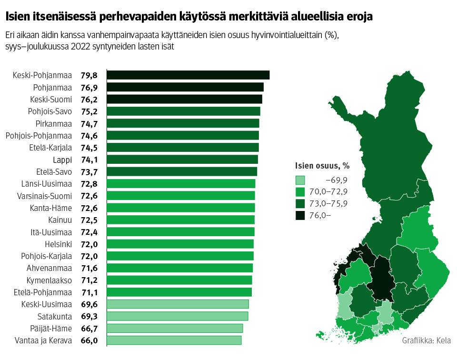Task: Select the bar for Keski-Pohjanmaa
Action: pyautogui.click(x=188, y=75)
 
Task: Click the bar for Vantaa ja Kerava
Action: pyautogui.click(x=174, y=340)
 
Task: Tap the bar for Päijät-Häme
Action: pyautogui.click(x=175, y=328)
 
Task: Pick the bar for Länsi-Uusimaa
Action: pyautogui.click(x=181, y=183)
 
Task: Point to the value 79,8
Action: pyautogui.click(x=89, y=75)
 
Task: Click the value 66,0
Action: pyautogui.click(x=89, y=340)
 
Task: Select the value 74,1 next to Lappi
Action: pyautogui.click(x=89, y=160)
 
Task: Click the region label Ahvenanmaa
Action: pyautogui.click(x=50, y=268)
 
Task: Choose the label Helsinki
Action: pyautogui.click(x=59, y=244)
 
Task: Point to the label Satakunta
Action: pyautogui.click(x=55, y=316)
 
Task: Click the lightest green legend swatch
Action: pyautogui.click(x=300, y=180)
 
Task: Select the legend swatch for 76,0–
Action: pyautogui.click(x=300, y=215)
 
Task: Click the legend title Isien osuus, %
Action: pyautogui.click(x=322, y=166)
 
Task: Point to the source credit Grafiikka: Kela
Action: pyautogui.click(x=426, y=340)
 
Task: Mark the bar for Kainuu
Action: pyautogui.click(x=180, y=220)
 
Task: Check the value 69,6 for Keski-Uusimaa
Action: pyautogui.click(x=89, y=304)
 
